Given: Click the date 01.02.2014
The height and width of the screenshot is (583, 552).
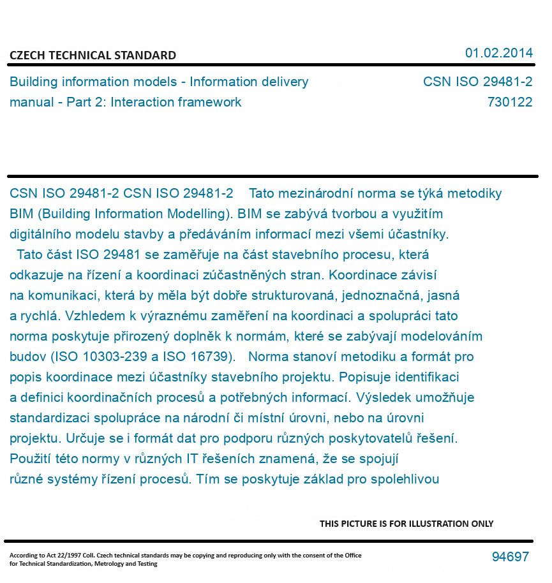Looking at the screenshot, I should click(498, 53).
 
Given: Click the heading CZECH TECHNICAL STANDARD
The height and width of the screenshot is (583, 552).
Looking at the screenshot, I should click(93, 55).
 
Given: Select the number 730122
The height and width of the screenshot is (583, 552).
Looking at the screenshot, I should click(509, 102).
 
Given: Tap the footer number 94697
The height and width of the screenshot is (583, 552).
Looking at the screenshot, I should click(510, 557).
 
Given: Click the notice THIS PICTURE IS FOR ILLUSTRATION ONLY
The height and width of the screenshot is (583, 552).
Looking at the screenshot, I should click(407, 524).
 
